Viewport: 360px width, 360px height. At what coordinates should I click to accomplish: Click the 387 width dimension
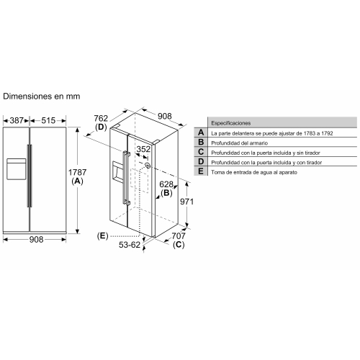(x=17, y=120)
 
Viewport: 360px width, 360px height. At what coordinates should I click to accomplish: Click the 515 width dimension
(x=48, y=120)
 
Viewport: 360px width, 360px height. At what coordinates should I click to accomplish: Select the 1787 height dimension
(x=77, y=172)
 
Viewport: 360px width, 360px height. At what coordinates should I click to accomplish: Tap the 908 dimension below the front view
(x=36, y=239)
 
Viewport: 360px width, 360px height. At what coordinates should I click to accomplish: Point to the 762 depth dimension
(x=101, y=118)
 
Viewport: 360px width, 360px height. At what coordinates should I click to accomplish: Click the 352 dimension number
(x=143, y=149)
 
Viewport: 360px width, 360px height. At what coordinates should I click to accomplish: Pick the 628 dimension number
(x=166, y=184)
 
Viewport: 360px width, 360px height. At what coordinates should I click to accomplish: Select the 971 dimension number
(x=186, y=202)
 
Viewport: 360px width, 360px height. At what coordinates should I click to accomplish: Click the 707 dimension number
(x=179, y=236)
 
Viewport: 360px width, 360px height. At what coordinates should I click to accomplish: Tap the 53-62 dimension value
(x=130, y=245)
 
